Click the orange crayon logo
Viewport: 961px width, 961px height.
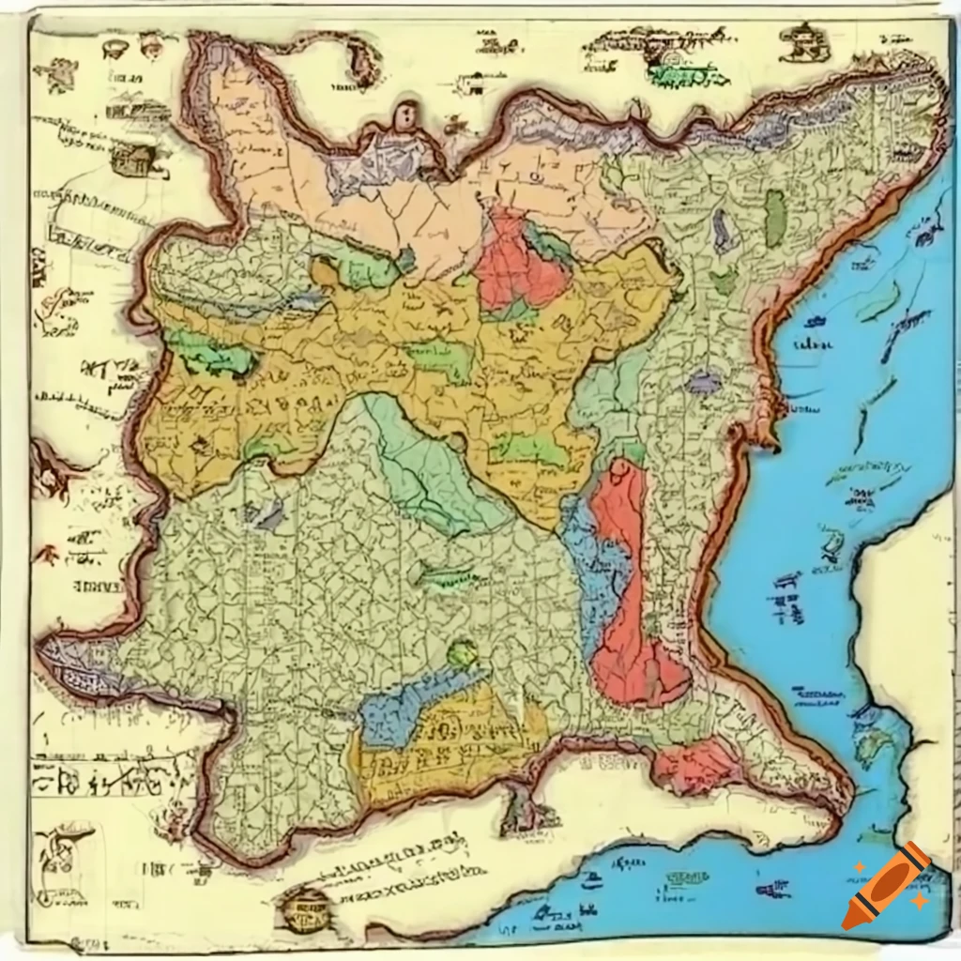tap(885, 886)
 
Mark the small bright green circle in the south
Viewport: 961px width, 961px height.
tap(462, 653)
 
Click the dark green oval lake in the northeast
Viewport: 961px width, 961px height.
tap(774, 219)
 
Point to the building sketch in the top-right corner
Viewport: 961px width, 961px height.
tap(802, 42)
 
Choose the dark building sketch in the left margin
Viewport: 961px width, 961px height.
tap(132, 160)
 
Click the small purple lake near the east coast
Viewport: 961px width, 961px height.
tap(702, 382)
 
